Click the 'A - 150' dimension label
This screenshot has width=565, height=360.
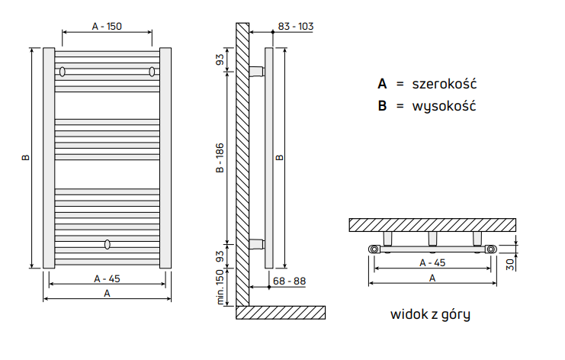[107, 26]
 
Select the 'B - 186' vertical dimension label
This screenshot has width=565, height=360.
[220, 159]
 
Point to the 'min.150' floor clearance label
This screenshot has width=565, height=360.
[220, 288]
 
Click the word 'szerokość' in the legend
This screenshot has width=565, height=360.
[445, 83]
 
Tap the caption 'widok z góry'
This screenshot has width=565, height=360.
[430, 313]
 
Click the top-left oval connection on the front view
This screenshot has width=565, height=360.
[63, 72]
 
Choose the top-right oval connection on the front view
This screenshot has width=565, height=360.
[152, 72]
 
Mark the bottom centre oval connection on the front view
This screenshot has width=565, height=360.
[108, 245]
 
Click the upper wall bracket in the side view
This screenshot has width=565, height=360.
[256, 72]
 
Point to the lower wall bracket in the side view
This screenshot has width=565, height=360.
[256, 245]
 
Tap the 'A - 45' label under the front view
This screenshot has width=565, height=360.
[108, 278]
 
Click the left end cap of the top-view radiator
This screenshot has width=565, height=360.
[374, 249]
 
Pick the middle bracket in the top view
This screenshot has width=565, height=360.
[433, 239]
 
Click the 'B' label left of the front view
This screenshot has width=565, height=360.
[26, 158]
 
